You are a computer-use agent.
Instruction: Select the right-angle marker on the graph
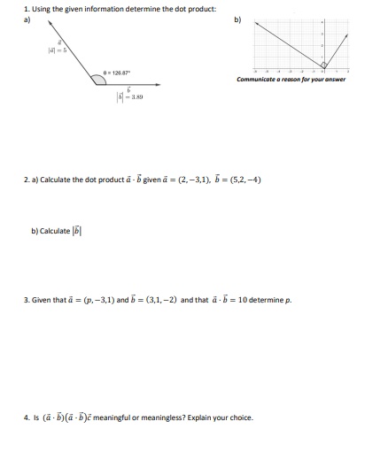click(323, 65)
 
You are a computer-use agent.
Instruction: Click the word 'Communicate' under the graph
click(258, 80)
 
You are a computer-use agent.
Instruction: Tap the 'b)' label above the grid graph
click(237, 18)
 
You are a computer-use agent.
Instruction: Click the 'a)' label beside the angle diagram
click(27, 18)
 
